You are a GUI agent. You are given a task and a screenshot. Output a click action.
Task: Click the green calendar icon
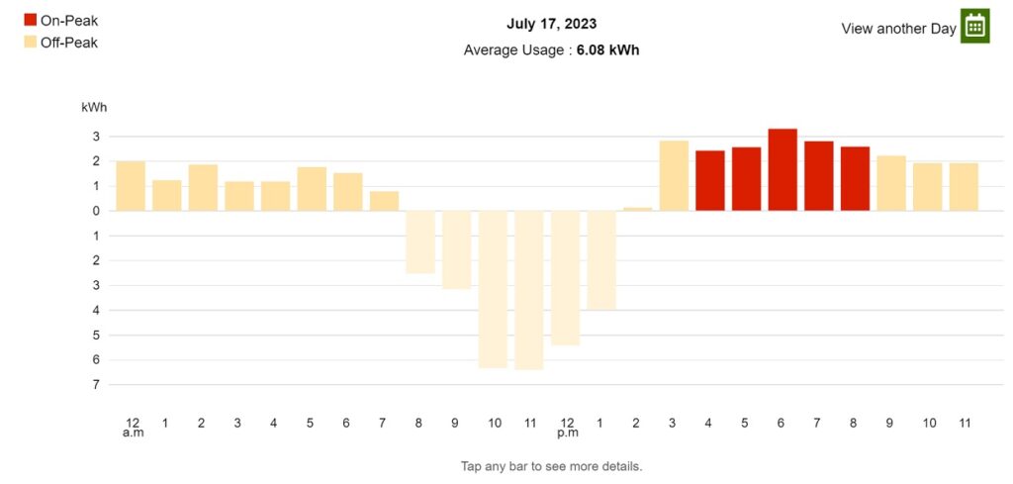974,26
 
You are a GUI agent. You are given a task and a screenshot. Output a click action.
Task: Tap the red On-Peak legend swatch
31,20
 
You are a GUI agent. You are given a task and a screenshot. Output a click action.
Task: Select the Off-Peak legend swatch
31,43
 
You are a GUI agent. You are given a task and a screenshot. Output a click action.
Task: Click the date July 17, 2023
551,25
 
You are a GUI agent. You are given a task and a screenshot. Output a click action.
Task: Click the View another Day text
898,29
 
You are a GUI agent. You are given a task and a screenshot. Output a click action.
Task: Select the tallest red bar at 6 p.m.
783,170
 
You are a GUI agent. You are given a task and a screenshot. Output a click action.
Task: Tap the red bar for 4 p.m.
710,181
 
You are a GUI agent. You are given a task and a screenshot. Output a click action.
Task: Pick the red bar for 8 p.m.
855,179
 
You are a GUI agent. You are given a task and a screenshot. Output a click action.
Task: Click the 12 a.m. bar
131,186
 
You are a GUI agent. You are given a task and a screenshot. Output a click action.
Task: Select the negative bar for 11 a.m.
529,290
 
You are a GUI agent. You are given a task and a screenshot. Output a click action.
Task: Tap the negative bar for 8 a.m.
420,242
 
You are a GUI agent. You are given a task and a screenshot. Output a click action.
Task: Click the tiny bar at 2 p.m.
638,210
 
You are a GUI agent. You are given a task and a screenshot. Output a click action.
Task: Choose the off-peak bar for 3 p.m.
674,176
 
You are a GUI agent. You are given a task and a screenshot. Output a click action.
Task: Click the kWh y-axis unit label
94,108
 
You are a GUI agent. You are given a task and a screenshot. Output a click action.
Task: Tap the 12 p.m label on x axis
568,428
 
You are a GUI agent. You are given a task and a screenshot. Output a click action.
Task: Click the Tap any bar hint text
551,466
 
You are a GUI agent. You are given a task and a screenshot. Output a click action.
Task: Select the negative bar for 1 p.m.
601,260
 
